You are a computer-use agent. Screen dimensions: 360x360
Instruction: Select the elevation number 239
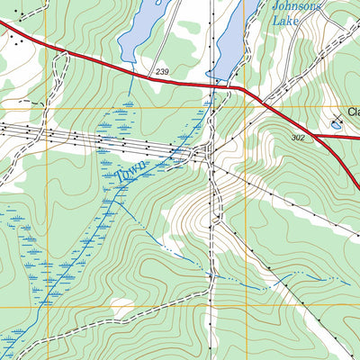[161, 70]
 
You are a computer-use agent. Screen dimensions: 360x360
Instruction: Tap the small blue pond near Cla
[336, 126]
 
